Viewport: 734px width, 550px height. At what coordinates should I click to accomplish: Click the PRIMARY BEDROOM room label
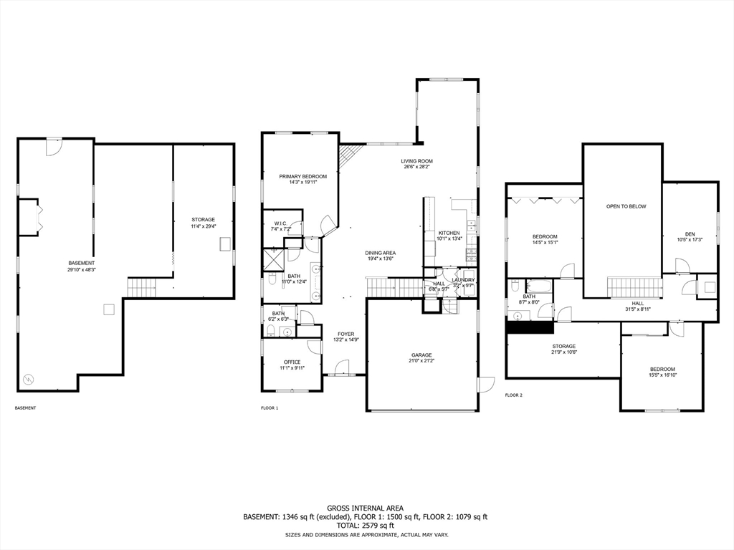tap(302, 176)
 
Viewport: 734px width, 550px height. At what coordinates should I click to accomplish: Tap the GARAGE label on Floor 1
tap(421, 355)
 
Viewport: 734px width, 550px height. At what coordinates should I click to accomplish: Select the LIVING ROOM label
tap(416, 161)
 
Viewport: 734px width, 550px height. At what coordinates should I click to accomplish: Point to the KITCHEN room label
tap(449, 233)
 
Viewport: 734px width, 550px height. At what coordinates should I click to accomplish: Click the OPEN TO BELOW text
tap(626, 206)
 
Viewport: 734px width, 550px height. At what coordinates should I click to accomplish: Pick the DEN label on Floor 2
tap(690, 233)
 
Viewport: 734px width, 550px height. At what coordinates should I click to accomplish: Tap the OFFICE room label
tap(292, 362)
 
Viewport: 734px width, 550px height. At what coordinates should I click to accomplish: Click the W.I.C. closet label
tap(280, 223)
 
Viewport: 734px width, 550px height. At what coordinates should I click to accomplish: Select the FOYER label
tap(346, 334)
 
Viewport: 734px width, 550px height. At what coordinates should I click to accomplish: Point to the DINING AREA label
tap(380, 253)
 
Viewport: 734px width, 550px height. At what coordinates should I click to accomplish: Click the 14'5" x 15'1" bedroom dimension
tap(545, 242)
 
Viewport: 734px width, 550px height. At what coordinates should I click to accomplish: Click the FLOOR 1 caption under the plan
tap(270, 408)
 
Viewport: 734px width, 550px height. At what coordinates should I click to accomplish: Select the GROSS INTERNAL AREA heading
tap(366, 507)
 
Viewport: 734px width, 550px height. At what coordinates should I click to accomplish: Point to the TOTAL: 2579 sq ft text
tap(366, 526)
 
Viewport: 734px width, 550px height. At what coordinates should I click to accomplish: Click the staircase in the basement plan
tap(141, 288)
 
